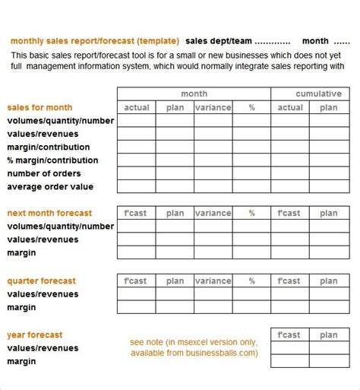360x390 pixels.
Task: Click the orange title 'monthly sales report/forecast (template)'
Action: tap(95, 41)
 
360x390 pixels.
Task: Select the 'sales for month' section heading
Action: tap(40, 107)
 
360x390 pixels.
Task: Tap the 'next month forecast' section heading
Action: tap(49, 213)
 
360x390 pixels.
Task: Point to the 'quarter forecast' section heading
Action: tap(42, 281)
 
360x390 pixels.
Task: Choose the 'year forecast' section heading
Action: tap(35, 335)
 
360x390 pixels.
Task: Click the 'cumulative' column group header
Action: tap(318, 94)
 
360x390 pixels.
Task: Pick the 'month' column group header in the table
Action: tap(194, 94)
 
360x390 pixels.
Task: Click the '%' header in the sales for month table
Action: tap(252, 107)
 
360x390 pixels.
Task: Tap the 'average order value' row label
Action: tap(51, 186)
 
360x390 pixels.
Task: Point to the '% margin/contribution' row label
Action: tap(52, 160)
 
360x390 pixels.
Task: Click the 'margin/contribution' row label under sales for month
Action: tap(48, 147)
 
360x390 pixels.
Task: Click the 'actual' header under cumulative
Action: tap(290, 107)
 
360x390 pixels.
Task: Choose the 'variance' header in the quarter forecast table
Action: tap(213, 281)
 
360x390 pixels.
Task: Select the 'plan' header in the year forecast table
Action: tap(329, 335)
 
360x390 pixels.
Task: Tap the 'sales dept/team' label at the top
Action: tap(219, 41)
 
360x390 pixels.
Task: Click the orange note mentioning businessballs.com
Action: tap(194, 347)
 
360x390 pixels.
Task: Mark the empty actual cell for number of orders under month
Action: tap(137, 173)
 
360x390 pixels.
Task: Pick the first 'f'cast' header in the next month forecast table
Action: tap(137, 213)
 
